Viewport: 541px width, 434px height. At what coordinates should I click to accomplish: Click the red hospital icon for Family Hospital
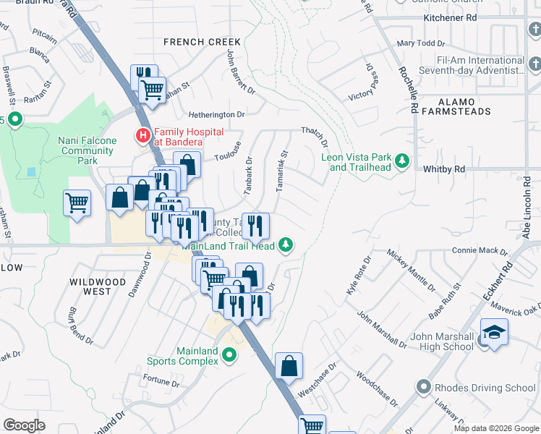(143, 135)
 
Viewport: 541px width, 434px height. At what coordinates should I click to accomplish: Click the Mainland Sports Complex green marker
(229, 355)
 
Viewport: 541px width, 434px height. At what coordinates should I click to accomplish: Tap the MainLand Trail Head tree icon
(286, 245)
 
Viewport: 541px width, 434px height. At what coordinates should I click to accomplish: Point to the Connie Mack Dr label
(479, 251)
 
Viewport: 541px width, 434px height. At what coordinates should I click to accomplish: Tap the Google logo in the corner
(24, 425)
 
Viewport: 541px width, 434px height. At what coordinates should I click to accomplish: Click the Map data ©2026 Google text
(495, 428)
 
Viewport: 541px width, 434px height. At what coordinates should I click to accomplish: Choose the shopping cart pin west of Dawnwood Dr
(77, 203)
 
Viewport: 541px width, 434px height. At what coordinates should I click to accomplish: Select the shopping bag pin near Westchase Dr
(289, 366)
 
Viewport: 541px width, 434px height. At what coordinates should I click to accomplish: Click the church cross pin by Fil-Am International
(534, 66)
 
